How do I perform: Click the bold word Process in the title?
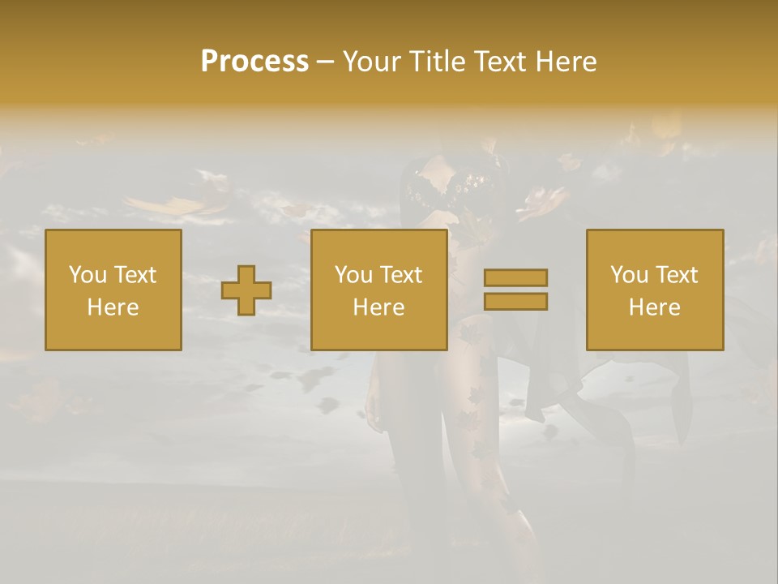pos(254,62)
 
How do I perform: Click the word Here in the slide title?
pos(566,62)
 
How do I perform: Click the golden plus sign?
pos(246,290)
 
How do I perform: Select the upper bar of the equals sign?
pos(515,278)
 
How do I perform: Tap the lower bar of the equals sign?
pos(515,302)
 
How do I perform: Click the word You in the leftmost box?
pos(87,275)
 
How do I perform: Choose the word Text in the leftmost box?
pos(135,275)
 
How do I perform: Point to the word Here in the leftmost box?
pos(113,307)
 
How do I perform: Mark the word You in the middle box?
pos(353,275)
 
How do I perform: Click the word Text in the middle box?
pos(400,275)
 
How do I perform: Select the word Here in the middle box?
pos(378,307)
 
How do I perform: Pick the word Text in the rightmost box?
pos(676,275)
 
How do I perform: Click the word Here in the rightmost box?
pos(654,307)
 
